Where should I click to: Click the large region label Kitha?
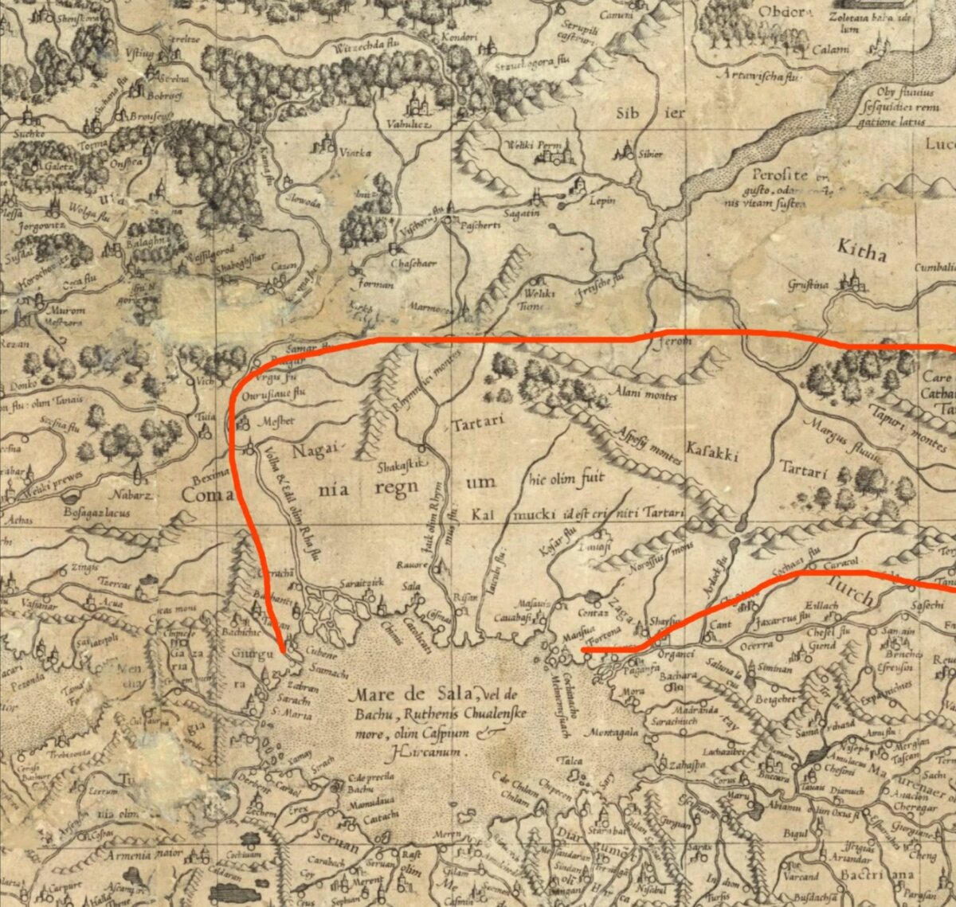861,252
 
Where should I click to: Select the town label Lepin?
602,201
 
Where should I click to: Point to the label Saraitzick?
365,582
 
